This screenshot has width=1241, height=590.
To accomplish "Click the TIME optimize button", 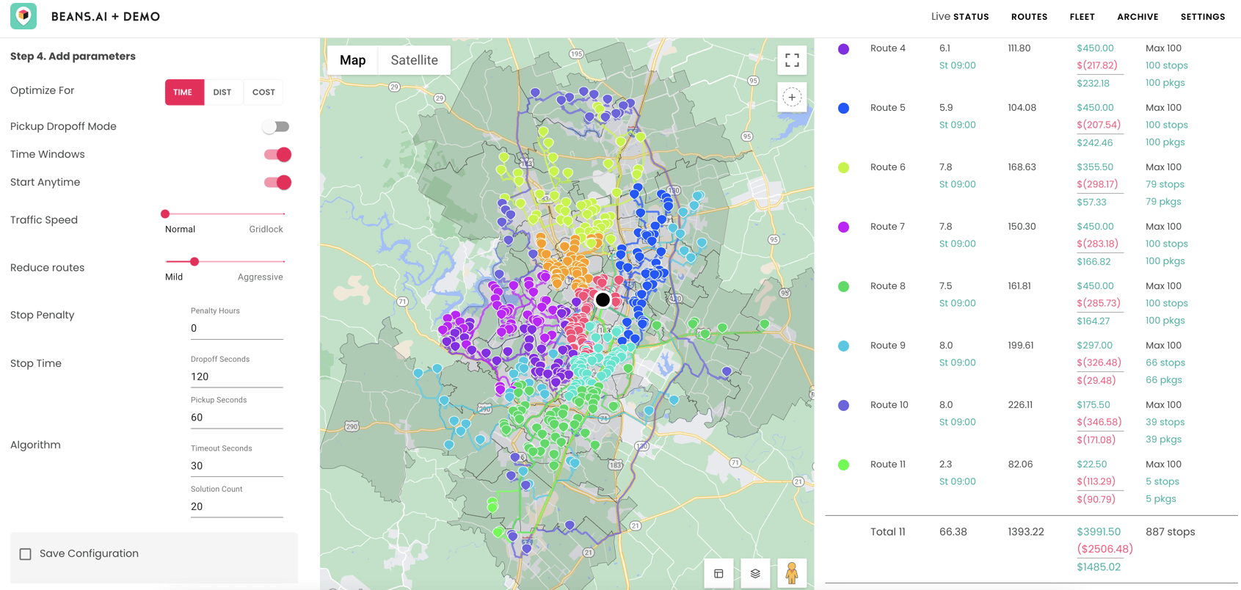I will (x=183, y=92).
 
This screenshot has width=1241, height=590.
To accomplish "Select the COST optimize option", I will (x=263, y=92).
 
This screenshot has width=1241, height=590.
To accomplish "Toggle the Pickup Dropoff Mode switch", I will (x=277, y=127).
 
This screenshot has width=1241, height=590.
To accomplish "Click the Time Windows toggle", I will (x=277, y=154).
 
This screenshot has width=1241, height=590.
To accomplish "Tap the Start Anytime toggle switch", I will (x=277, y=182).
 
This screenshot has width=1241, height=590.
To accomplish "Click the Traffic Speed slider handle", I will (x=165, y=214).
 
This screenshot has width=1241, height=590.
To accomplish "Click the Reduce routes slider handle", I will (x=194, y=261).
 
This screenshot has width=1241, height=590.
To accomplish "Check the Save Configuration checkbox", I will (x=26, y=554).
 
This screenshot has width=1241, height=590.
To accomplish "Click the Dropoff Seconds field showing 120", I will (x=236, y=376).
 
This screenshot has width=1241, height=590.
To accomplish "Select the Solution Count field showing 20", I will (x=236, y=506).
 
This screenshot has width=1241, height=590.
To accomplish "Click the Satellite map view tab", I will (x=414, y=60).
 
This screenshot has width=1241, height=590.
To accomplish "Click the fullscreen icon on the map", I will (x=792, y=60).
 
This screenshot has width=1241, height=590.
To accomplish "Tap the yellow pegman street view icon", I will (x=791, y=573).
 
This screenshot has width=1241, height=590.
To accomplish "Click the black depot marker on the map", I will (x=603, y=299).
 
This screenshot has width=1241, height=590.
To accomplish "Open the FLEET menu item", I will (x=1082, y=17).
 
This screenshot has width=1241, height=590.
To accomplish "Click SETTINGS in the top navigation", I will (x=1202, y=17).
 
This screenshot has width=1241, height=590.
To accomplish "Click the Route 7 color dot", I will (x=844, y=227).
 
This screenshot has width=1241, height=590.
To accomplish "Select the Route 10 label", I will (x=889, y=405).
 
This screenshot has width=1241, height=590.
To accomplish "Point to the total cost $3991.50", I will (x=1098, y=532).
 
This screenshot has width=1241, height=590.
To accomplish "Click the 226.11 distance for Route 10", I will (x=1020, y=405).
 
